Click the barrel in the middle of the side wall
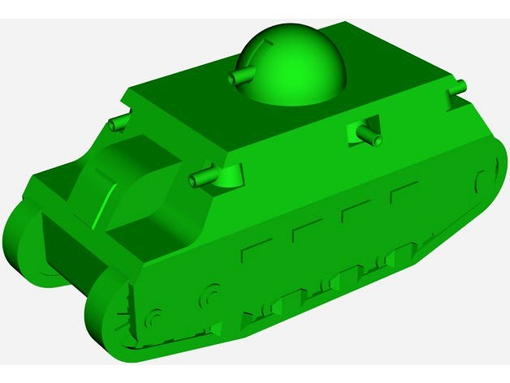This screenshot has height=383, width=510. [x=370, y=136]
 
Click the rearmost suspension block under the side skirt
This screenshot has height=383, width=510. [x=397, y=258]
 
